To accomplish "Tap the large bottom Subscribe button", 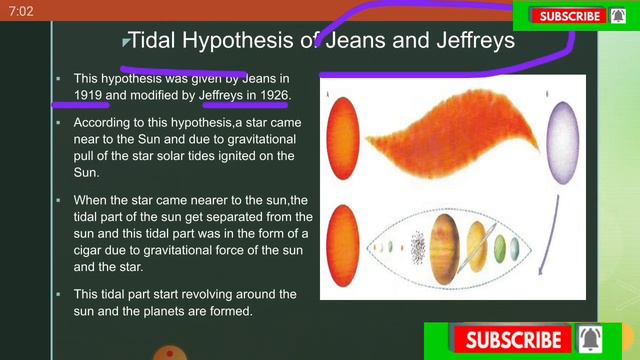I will coord(513,340).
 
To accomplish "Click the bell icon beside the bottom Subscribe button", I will coord(591,340).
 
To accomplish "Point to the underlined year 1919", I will coord(88,95).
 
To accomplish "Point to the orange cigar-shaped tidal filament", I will coord(450,140).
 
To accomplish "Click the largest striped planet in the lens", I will coord(446,246).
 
